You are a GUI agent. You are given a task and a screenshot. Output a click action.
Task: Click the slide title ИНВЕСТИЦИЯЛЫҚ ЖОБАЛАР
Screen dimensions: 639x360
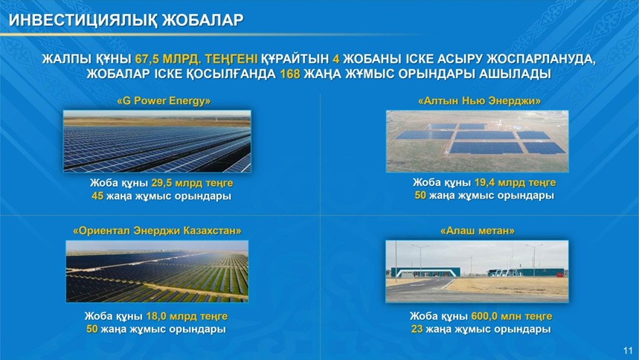point(126,19)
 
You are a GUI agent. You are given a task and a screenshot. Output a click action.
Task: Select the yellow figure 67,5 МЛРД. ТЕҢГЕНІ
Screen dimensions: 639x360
point(196,59)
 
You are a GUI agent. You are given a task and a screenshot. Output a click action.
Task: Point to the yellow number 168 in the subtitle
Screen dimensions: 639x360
point(290,74)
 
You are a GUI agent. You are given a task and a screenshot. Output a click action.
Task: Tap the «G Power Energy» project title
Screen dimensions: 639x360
point(164,100)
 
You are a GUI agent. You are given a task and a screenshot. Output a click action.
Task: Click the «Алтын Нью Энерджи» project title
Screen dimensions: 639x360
point(479,100)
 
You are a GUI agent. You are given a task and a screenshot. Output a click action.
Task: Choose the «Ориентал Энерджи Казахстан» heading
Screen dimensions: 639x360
point(157,231)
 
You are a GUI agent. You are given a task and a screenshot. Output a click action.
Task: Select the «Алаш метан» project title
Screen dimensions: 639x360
point(478,231)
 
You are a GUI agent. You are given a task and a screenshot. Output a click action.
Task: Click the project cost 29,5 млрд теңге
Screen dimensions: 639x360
point(192,183)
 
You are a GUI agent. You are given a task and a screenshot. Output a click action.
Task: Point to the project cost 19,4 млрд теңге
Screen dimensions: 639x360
point(515,183)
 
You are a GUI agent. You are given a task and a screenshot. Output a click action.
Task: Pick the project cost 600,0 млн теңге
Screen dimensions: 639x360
point(512,316)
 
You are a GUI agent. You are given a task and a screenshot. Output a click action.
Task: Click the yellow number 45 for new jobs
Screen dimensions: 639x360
point(97,196)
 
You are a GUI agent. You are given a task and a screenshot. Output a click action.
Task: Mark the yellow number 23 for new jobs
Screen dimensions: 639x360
point(417,329)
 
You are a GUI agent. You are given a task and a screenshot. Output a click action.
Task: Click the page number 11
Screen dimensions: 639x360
point(628,350)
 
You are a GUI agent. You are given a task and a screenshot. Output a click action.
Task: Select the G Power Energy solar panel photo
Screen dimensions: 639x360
point(157,141)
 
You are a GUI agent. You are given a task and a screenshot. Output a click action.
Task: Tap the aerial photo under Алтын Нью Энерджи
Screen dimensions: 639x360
point(478,141)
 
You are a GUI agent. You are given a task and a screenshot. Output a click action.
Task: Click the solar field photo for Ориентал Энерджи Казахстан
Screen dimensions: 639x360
point(157,271)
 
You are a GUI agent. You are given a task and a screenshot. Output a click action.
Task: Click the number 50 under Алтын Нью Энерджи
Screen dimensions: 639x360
point(420,196)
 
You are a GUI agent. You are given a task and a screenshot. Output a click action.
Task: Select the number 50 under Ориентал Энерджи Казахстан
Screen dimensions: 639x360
point(91,329)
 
